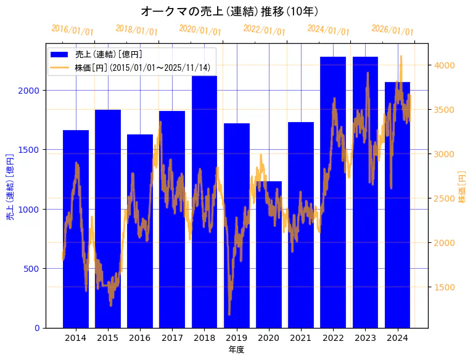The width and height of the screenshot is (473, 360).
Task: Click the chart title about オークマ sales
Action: point(229,11)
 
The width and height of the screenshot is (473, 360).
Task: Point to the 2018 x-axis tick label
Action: point(204,338)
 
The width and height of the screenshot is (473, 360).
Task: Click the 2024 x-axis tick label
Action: point(397,338)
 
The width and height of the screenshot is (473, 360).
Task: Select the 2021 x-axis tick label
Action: point(301,338)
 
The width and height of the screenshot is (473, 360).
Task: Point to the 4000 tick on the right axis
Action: point(444,65)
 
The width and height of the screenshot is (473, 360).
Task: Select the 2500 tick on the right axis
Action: point(444,198)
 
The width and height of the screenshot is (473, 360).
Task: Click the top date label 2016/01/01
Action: point(72,30)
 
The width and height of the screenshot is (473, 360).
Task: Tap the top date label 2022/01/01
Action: point(264,30)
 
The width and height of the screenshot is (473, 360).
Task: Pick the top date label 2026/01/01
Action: point(392,30)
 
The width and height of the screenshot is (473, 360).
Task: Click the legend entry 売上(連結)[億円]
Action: point(109,54)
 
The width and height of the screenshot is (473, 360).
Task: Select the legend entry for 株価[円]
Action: point(142,67)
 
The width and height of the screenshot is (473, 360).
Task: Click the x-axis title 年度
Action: point(236,350)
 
